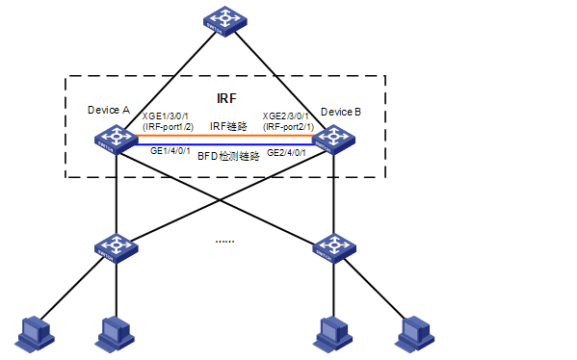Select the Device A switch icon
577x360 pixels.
tap(116, 141)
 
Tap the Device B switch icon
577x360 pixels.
tap(333, 141)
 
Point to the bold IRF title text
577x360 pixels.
tap(225, 99)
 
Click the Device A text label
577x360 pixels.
tap(108, 111)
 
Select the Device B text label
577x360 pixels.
tap(341, 112)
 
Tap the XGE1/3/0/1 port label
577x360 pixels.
tap(168, 116)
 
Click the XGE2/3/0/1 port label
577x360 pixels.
tap(287, 116)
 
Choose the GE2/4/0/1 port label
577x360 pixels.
tap(286, 152)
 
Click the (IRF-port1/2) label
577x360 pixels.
tap(168, 127)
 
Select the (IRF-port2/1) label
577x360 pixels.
tap(287, 127)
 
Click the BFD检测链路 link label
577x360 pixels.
tap(228, 155)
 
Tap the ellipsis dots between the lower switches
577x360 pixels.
tap(223, 239)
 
